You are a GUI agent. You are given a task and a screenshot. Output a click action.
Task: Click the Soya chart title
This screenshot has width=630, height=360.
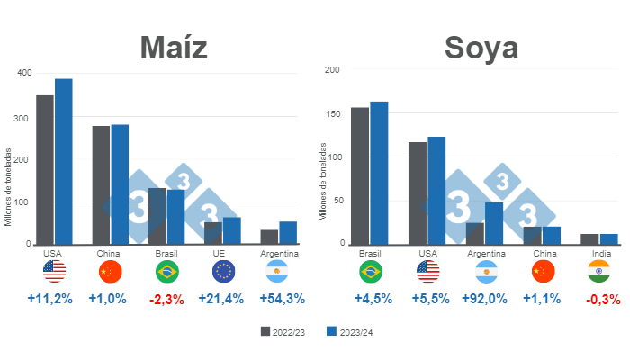tap(481, 47)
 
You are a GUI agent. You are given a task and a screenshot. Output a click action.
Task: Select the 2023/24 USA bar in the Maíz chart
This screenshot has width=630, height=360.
tap(63, 161)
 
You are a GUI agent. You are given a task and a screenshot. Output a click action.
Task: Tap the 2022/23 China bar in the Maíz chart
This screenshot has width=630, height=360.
tap(101, 184)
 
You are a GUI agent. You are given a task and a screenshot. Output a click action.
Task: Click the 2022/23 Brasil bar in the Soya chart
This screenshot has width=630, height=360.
tap(360, 175)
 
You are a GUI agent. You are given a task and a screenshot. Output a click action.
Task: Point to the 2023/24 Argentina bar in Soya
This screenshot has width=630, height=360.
tap(494, 222)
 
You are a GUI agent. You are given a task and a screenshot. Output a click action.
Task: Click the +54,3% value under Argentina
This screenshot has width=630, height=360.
tap(282, 299)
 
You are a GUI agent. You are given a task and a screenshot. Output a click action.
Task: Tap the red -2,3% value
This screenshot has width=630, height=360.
tap(168, 299)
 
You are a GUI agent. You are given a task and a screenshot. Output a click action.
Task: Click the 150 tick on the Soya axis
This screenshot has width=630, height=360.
tap(334, 113)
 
